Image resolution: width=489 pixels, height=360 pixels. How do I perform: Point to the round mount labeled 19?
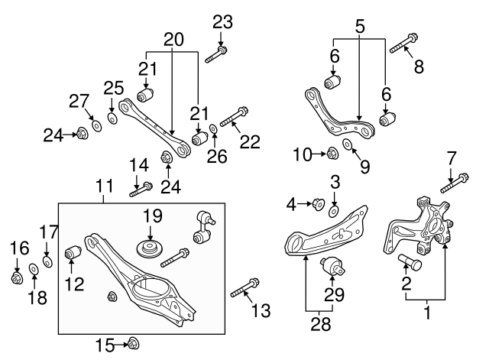[x=150, y=250]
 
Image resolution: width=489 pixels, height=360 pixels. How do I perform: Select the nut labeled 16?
[x=17, y=277]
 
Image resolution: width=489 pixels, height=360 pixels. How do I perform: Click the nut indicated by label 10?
[x=332, y=154]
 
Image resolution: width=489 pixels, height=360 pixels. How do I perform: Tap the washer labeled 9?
[x=348, y=144]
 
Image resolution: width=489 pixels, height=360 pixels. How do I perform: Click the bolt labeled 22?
[x=232, y=118]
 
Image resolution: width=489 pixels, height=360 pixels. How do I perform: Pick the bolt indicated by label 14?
[x=141, y=187]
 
